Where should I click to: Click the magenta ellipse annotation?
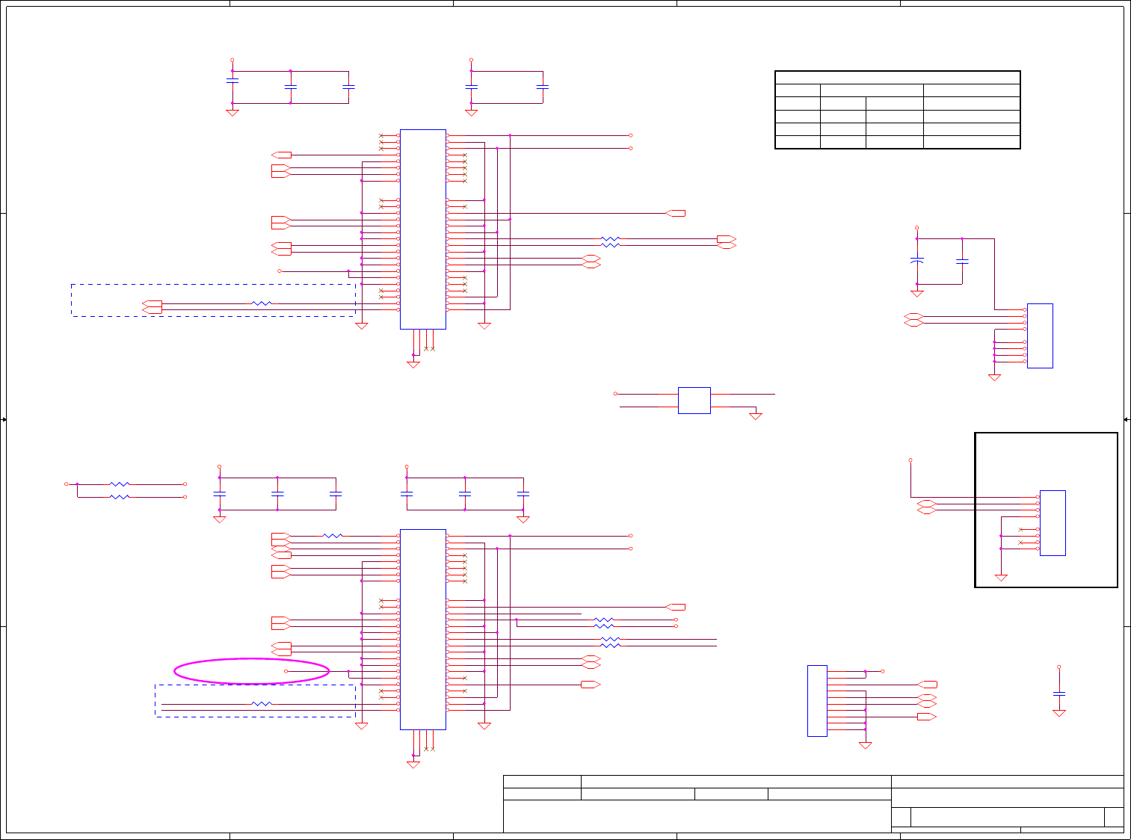(251, 671)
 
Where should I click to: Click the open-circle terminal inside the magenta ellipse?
(286, 671)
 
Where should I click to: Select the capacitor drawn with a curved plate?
(917, 261)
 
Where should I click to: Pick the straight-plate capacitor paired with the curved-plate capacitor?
(962, 261)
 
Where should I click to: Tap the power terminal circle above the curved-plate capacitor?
(917, 227)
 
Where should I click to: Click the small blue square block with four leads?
(694, 400)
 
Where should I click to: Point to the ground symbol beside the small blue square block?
(756, 416)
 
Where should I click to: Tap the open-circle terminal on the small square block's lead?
(615, 393)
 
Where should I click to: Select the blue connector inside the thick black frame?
(1053, 522)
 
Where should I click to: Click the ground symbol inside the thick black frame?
(1001, 577)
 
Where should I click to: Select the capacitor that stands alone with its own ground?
(1058, 694)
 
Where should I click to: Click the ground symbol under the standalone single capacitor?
(1058, 713)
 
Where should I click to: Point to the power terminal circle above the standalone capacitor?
(1058, 667)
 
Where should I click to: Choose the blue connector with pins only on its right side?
(817, 700)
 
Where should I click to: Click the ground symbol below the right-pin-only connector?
(866, 744)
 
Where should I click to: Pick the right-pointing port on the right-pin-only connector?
(927, 717)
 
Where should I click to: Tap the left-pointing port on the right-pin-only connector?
(928, 685)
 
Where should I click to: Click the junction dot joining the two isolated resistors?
(77, 484)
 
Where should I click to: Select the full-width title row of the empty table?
(897, 78)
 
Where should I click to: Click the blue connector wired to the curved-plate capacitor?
(1040, 336)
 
